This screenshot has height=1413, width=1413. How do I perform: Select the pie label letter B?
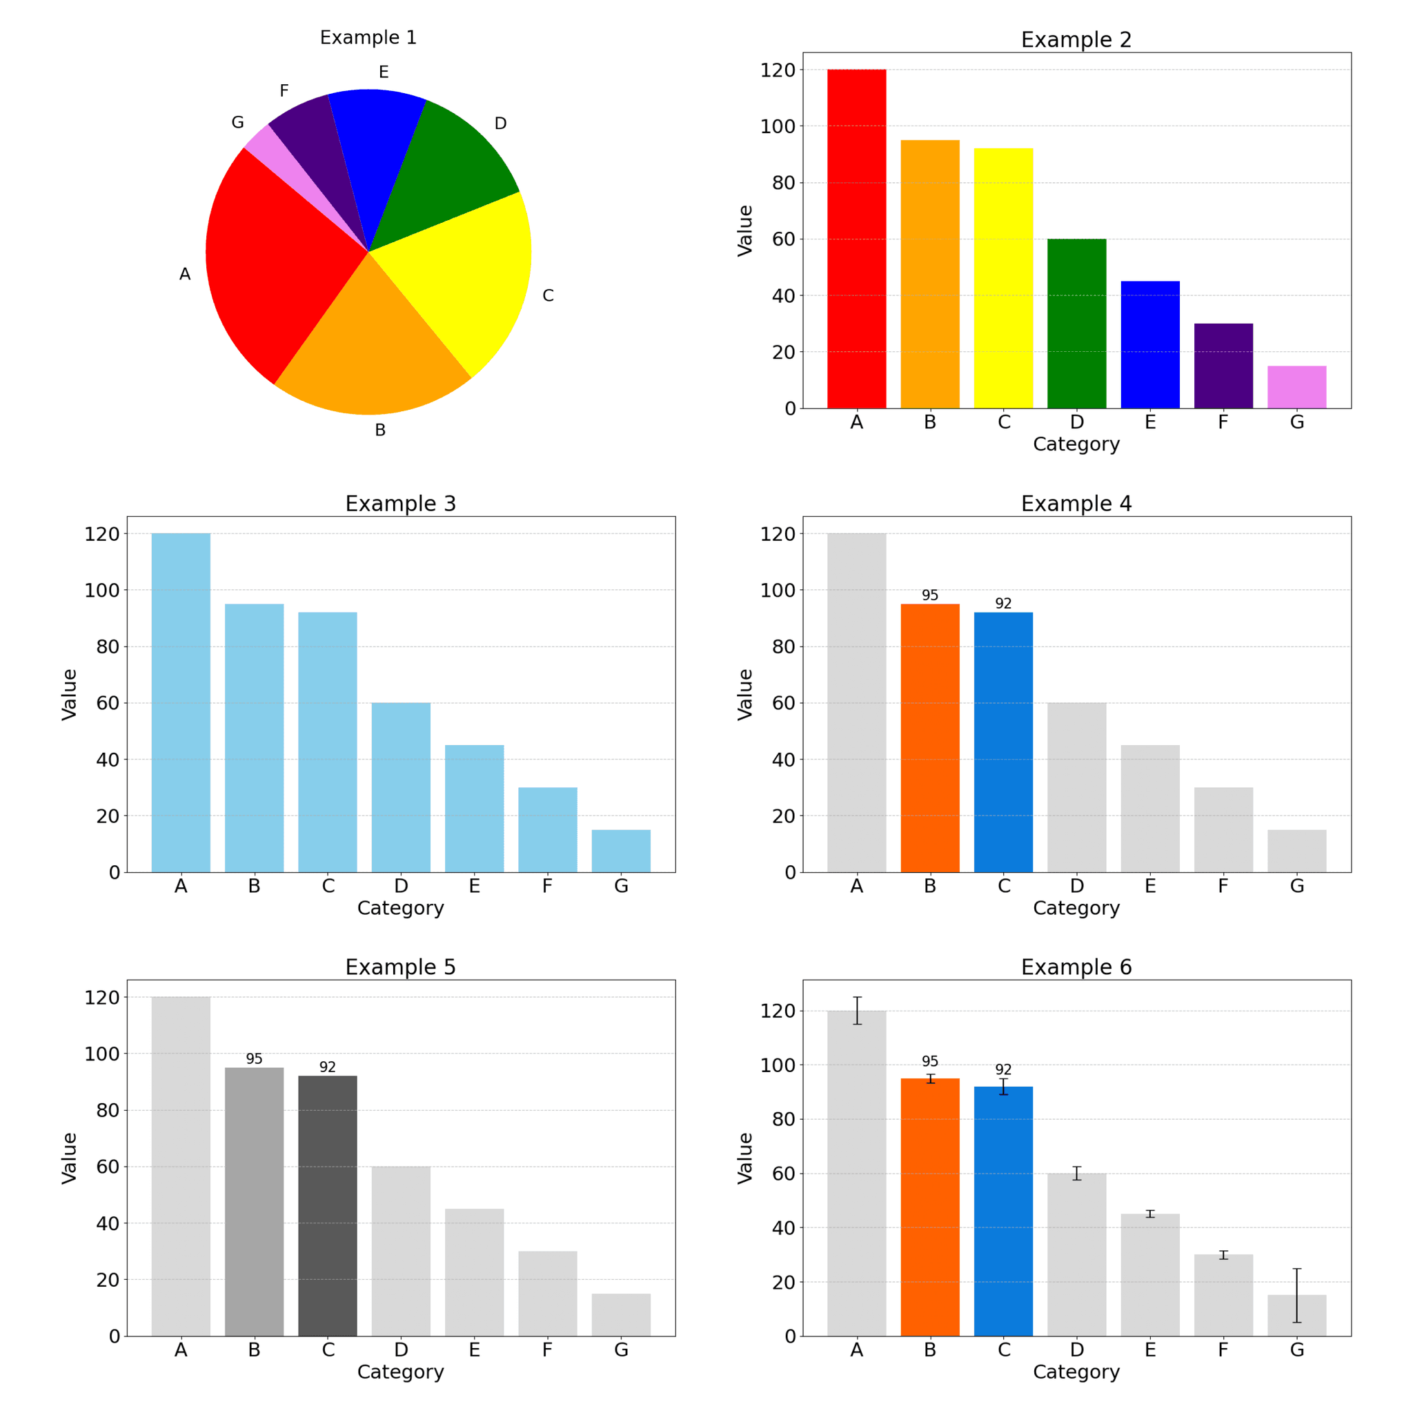click(380, 430)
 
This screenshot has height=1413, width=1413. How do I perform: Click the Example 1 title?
click(368, 37)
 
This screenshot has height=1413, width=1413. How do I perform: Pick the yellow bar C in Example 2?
click(1003, 278)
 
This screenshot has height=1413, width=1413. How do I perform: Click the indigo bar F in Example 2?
click(1223, 366)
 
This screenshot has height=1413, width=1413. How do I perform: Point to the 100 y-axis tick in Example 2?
click(777, 126)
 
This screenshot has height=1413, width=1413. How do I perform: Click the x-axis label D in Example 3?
click(401, 887)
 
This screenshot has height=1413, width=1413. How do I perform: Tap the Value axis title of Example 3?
click(70, 694)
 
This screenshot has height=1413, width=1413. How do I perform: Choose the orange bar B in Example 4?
click(929, 739)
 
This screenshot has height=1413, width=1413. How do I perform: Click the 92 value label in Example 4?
click(1003, 604)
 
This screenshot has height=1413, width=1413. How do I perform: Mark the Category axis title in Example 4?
click(1076, 909)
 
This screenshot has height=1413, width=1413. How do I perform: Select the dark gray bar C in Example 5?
click(328, 1207)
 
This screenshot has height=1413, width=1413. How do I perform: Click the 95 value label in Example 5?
click(254, 1059)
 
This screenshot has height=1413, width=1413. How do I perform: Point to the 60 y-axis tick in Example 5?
click(107, 1167)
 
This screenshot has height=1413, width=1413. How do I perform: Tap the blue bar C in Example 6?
click(1003, 1214)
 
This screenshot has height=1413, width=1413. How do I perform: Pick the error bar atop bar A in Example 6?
click(857, 1010)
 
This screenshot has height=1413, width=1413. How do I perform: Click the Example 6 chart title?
click(1076, 967)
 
